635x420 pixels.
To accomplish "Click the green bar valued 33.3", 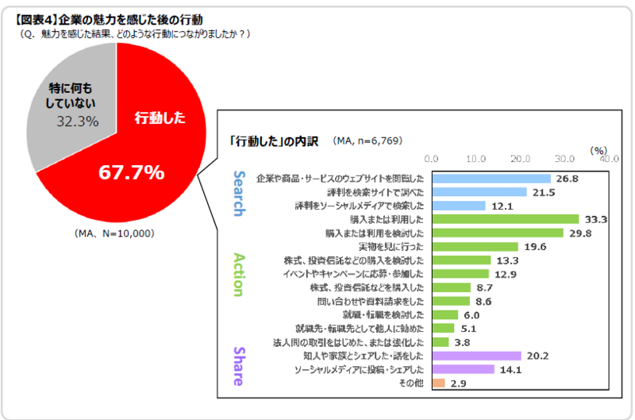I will [505, 219].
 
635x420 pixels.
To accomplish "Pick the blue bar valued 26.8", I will [491, 178].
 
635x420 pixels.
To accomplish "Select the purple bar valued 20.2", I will [476, 356].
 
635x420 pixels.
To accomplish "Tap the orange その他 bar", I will [439, 383].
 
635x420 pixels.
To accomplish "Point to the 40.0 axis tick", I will [609, 159].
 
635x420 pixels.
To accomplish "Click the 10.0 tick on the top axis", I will [476, 159].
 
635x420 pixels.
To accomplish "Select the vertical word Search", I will [239, 193].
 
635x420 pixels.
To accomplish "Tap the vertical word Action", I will [239, 274].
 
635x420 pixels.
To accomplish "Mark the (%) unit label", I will [598, 149].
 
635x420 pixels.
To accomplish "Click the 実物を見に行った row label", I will [394, 247].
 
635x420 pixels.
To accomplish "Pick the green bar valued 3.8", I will [441, 342].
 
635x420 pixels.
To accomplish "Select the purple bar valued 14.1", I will [463, 370].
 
